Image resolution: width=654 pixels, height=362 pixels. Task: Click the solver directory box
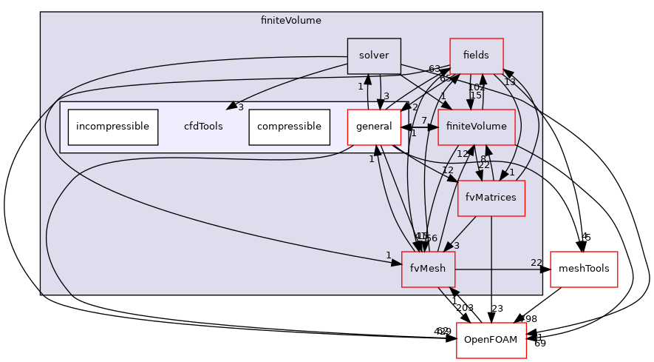pyautogui.click(x=374, y=56)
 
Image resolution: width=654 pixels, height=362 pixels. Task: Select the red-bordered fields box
pyautogui.click(x=476, y=56)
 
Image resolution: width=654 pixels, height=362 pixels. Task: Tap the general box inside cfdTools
pyautogui.click(x=374, y=127)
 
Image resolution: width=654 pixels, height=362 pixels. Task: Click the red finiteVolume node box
pyautogui.click(x=476, y=127)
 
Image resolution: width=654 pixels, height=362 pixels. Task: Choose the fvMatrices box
pyautogui.click(x=491, y=198)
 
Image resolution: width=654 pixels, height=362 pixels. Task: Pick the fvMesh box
pyautogui.click(x=428, y=269)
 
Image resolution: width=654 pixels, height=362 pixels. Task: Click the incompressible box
pyautogui.click(x=113, y=127)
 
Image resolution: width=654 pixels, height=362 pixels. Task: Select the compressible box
pyautogui.click(x=289, y=127)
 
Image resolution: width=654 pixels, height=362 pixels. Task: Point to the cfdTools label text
pyautogui.click(x=203, y=127)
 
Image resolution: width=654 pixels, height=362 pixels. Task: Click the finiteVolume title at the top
pyautogui.click(x=291, y=21)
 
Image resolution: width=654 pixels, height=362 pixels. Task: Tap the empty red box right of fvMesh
pyautogui.click(x=584, y=269)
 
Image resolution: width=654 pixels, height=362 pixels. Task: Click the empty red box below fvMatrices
pyautogui.click(x=491, y=340)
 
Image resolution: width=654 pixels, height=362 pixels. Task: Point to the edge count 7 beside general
pyautogui.click(x=424, y=120)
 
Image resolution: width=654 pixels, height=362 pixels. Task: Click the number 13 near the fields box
pyautogui.click(x=510, y=82)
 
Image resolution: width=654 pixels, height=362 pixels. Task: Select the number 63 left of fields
pyautogui.click(x=435, y=69)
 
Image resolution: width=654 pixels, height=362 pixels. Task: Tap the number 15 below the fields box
pyautogui.click(x=476, y=95)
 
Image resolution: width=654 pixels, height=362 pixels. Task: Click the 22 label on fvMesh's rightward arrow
pyautogui.click(x=537, y=263)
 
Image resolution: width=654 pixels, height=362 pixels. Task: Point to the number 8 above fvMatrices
pyautogui.click(x=483, y=158)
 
